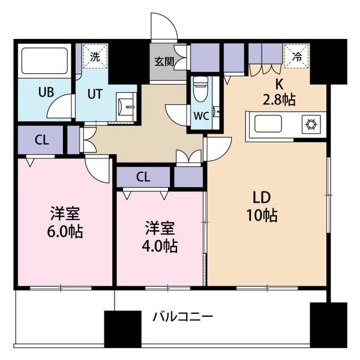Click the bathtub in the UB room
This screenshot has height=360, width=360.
tap(45, 61)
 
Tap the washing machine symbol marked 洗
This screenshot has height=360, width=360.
tap(95, 56)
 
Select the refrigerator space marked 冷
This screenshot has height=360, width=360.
tap(297, 56)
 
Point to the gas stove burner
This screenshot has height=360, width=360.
tap(311, 124)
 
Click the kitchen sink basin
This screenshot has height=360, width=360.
tap(268, 124)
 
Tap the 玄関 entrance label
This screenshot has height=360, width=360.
tap(164, 62)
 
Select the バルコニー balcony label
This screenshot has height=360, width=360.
tap(183, 317)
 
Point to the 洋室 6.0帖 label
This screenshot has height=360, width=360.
tap(65, 222)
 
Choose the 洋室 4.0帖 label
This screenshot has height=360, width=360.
tap(160, 237)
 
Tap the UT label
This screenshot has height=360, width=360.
tap(95, 94)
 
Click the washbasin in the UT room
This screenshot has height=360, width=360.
tap(126, 107)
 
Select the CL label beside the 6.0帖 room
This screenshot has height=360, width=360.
tap(42, 140)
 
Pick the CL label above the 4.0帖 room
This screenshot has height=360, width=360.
tap(143, 177)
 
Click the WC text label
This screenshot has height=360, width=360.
tap(202, 116)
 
